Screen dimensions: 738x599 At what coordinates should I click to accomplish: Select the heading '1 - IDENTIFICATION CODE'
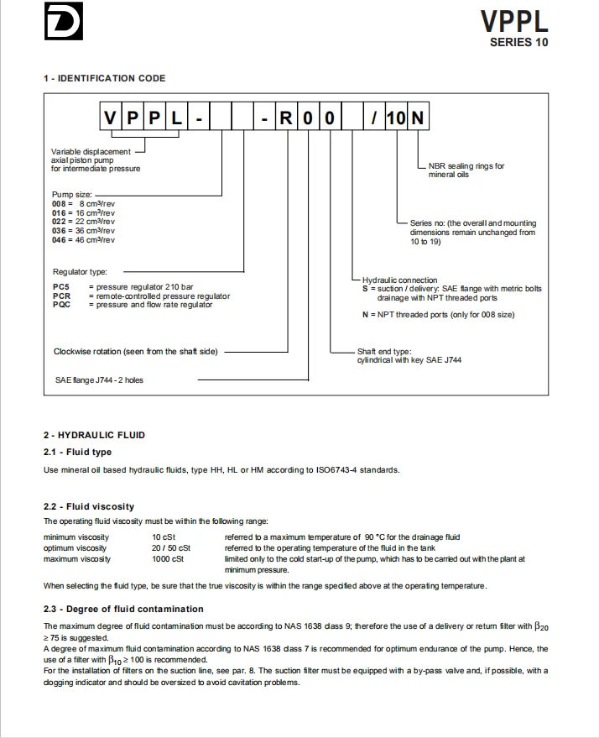104,78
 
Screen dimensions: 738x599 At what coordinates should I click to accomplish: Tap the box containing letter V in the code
111,119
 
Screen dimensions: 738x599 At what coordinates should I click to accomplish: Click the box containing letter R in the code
286,119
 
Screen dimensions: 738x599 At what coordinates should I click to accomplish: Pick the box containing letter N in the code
417,119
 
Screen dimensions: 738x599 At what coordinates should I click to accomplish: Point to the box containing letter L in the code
176,119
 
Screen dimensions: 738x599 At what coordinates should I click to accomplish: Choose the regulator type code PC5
60,287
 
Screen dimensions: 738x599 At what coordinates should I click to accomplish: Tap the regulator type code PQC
61,305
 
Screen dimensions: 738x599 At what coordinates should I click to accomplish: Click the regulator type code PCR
61,296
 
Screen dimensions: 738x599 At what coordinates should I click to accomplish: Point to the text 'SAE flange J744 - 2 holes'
98,380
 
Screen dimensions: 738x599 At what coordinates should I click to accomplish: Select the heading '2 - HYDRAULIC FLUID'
94,435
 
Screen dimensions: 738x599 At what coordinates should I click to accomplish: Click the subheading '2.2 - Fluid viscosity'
88,506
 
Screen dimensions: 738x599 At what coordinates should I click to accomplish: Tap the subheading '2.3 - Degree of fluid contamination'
122,609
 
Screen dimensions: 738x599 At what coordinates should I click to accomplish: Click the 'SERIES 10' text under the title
518,43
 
